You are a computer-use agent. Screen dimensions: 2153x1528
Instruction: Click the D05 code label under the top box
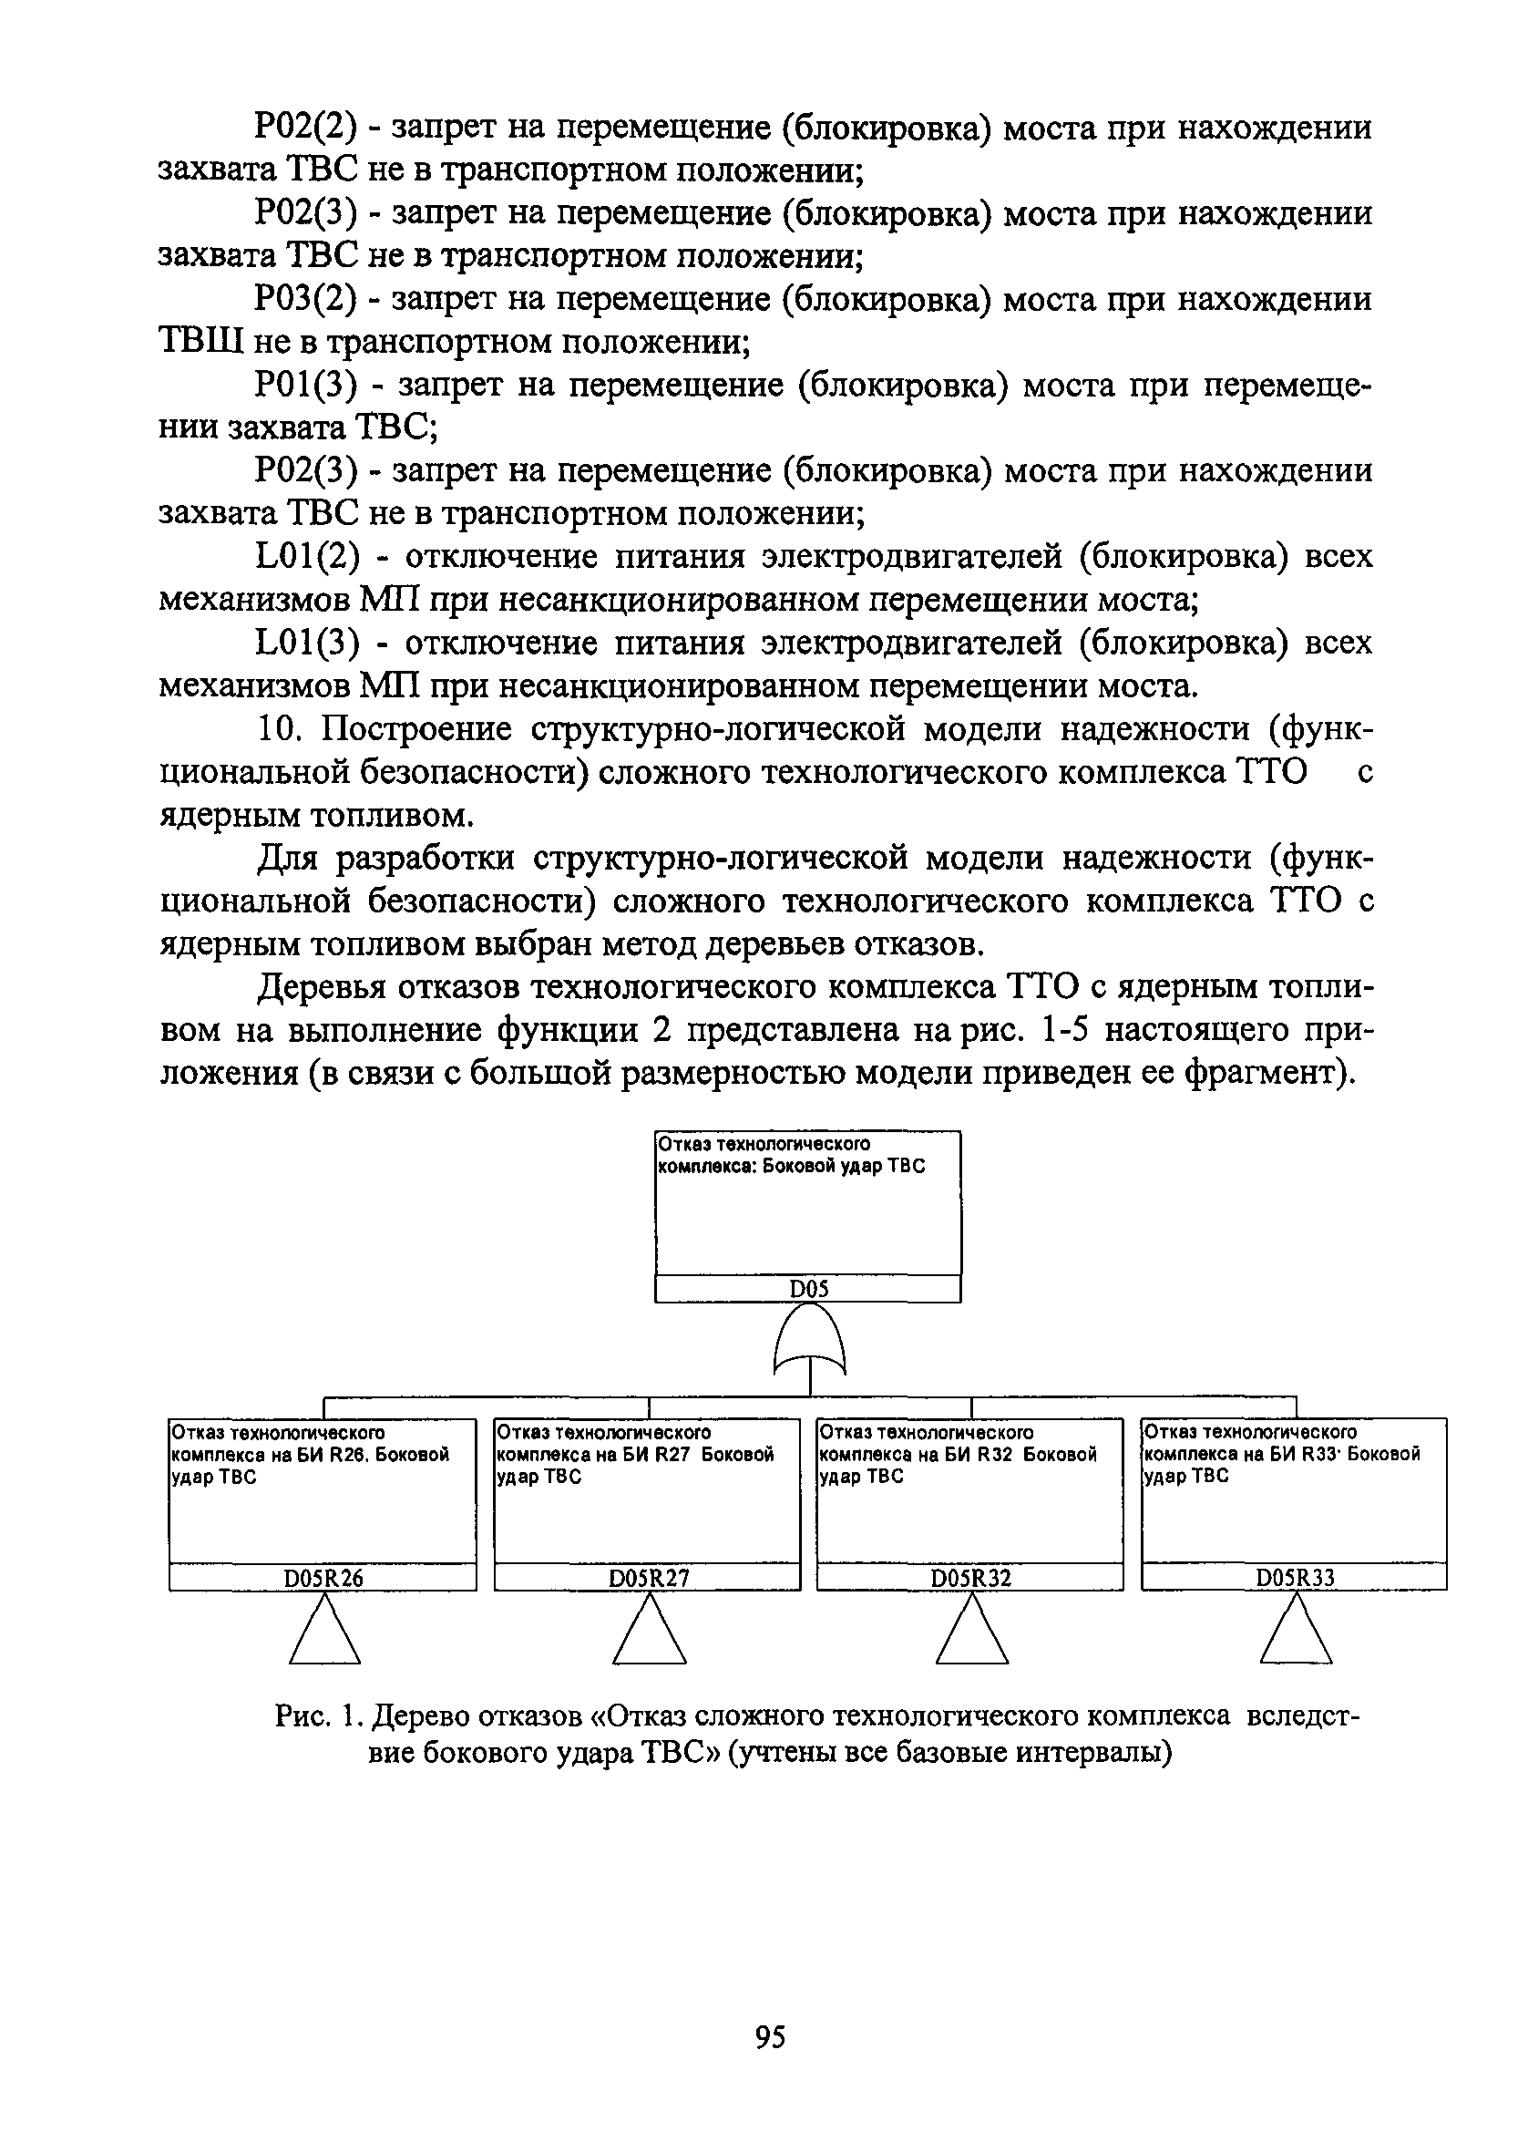[x=808, y=1289]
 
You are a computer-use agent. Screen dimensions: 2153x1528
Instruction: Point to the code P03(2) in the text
[x=306, y=300]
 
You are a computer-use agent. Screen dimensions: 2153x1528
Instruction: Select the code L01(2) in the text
[x=308, y=557]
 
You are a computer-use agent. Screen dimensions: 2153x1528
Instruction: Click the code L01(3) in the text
[x=308, y=644]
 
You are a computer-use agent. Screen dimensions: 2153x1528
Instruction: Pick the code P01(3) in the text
[x=308, y=386]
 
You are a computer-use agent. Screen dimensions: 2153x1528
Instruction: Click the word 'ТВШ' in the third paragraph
[x=200, y=343]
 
